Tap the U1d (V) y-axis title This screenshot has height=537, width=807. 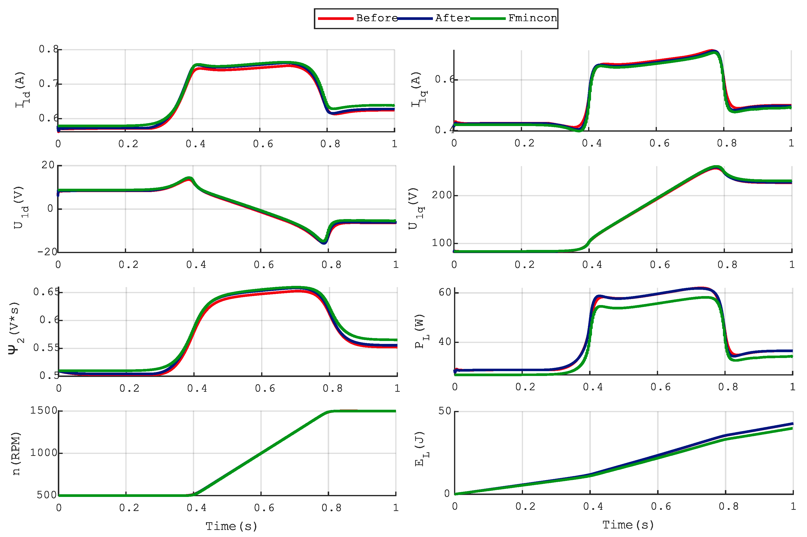[21, 208]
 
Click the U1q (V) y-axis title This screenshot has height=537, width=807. [416, 208]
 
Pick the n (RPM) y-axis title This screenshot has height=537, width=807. [16, 453]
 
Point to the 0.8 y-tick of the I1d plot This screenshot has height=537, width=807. [48, 49]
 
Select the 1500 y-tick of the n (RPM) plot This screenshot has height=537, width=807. [43, 411]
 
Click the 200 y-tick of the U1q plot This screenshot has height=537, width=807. [442, 195]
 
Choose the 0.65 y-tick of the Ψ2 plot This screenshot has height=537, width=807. [46, 292]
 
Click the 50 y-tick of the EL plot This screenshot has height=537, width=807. [445, 411]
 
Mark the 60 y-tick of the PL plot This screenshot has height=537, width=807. [445, 292]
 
